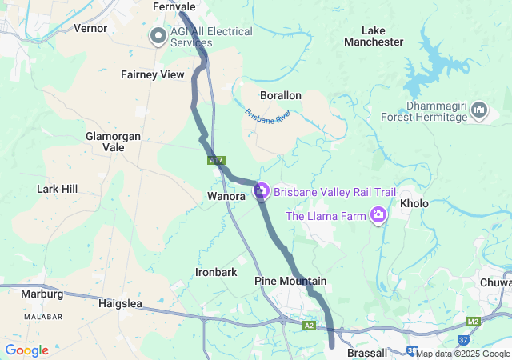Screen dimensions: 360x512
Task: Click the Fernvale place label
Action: coord(174,6)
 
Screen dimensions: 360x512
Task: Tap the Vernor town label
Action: coord(90,28)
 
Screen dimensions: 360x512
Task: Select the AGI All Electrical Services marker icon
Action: coord(158,37)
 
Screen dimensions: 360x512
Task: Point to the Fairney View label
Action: coord(152,74)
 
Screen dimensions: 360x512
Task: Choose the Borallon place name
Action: coord(280,95)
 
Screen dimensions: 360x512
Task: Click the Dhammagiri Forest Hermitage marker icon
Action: coord(479,110)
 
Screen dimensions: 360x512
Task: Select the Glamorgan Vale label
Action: coord(113,142)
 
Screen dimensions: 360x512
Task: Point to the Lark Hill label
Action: coord(57,189)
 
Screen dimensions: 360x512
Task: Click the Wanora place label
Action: coord(225,195)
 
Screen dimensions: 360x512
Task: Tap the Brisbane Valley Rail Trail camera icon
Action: coord(261,191)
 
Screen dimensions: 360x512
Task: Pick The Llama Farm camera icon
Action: coord(378,214)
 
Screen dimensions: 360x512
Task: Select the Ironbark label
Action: coord(216,272)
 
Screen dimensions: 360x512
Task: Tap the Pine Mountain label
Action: coord(290,281)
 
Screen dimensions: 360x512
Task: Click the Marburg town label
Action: coord(42,294)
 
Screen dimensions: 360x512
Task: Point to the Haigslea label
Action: coord(119,303)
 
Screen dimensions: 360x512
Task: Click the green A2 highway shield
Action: coord(310,326)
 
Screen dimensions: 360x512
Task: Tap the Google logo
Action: coord(26,350)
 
